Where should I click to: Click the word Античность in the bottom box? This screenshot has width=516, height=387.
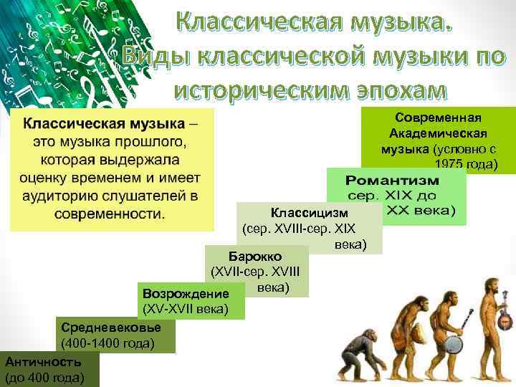41,362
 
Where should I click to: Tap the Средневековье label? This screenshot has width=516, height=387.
110,328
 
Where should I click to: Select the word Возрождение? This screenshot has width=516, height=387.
186,294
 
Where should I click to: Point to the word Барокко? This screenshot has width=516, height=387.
255,256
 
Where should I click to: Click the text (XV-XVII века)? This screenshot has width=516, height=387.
186,309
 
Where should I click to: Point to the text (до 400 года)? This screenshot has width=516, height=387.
44,377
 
